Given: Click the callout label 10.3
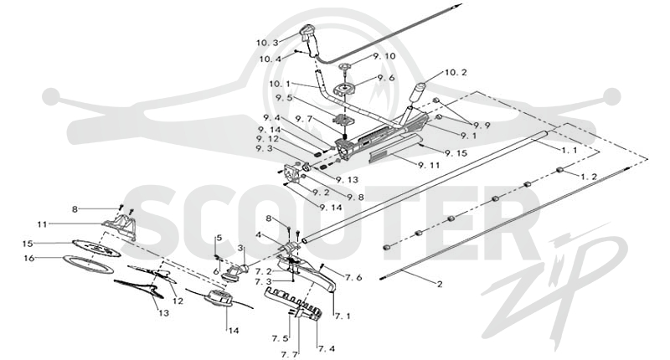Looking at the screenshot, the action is click(x=267, y=43).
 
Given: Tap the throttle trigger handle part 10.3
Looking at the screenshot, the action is click(x=311, y=39).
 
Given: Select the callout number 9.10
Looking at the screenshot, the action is click(x=384, y=56).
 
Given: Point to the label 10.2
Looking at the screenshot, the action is click(x=456, y=73).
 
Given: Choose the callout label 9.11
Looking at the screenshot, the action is click(x=429, y=165).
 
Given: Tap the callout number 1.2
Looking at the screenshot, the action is click(x=589, y=176).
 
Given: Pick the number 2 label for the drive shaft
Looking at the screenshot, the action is click(x=440, y=284).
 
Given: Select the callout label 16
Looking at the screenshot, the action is click(x=28, y=259).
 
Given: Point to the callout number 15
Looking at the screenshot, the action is click(x=28, y=244).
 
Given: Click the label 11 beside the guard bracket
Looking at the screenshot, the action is click(x=42, y=224).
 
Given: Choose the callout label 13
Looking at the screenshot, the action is click(x=163, y=313).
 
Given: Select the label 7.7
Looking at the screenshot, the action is click(x=290, y=354).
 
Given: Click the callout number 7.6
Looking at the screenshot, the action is click(x=353, y=278).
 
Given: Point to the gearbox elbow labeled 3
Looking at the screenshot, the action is click(x=234, y=272).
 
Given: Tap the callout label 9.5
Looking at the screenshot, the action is click(x=284, y=98).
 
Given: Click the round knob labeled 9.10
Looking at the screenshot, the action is click(x=345, y=67).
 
